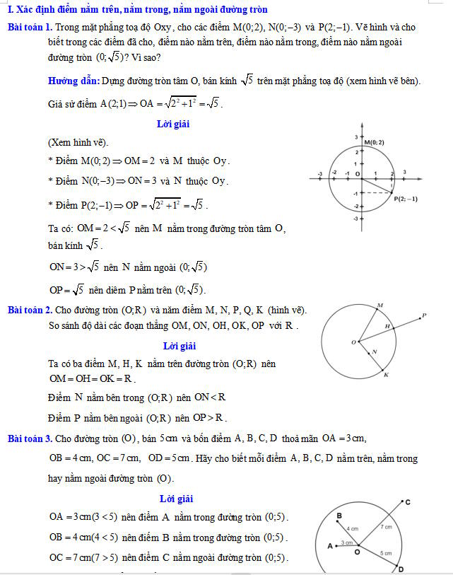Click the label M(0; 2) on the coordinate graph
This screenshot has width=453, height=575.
pyautogui.click(x=375, y=143)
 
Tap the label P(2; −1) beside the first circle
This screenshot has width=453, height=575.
pyautogui.click(x=406, y=199)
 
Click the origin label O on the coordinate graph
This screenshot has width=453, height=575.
pyautogui.click(x=357, y=173)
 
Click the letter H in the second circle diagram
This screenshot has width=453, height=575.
pyautogui.click(x=387, y=326)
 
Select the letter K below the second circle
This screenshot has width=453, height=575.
pyautogui.click(x=386, y=375)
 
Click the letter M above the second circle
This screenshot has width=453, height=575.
pyautogui.click(x=380, y=305)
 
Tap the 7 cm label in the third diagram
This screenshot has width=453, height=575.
pyautogui.click(x=387, y=527)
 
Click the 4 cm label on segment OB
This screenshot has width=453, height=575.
pyautogui.click(x=352, y=528)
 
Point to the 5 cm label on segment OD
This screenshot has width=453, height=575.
pyautogui.click(x=386, y=553)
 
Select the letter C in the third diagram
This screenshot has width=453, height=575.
pyautogui.click(x=408, y=501)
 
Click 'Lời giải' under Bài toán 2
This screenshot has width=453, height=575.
pyautogui.click(x=179, y=346)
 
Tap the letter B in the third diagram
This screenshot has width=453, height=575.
pyautogui.click(x=339, y=516)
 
